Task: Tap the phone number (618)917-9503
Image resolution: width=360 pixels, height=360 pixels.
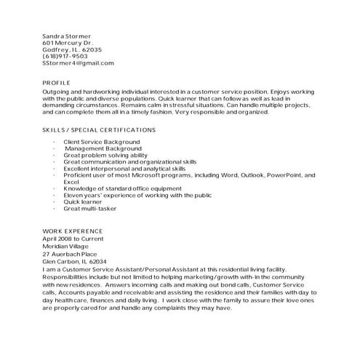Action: [x=65, y=56]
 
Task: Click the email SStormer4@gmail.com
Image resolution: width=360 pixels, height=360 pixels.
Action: [x=79, y=63]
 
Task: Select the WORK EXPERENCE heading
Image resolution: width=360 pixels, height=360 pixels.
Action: [x=73, y=231]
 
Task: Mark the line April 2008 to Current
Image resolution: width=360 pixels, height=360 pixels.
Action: [x=73, y=239]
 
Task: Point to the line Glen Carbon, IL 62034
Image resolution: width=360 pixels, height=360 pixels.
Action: [x=75, y=261]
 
